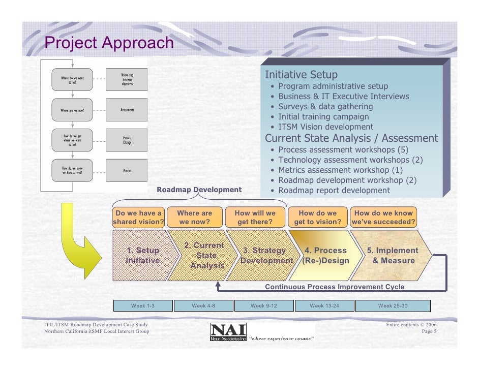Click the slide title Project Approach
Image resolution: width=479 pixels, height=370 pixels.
(109, 43)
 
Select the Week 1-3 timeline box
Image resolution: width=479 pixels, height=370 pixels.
(142, 305)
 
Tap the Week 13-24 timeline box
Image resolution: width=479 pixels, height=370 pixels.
(324, 305)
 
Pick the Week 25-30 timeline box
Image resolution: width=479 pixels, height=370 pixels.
(393, 305)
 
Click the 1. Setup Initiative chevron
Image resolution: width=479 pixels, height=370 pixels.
(142, 256)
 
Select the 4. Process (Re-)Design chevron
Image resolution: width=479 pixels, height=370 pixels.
(325, 256)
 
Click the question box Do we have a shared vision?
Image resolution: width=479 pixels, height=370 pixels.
(138, 218)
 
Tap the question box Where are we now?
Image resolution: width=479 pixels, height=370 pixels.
(195, 218)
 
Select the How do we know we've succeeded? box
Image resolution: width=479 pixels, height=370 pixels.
(383, 218)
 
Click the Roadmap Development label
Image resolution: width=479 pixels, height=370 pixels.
(199, 190)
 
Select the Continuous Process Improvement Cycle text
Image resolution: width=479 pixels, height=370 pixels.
(335, 287)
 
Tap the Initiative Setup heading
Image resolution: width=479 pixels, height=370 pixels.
(301, 75)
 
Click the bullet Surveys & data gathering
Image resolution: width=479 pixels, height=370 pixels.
(325, 107)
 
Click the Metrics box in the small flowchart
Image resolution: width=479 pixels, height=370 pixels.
(127, 170)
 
